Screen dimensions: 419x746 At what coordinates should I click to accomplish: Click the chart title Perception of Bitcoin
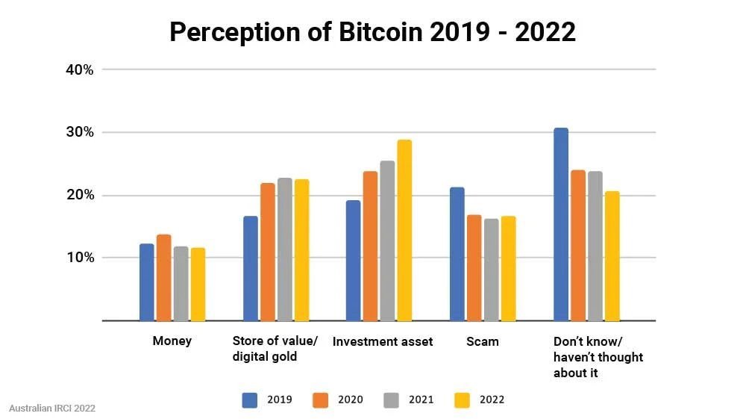372,31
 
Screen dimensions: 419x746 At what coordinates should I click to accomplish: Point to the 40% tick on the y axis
79,69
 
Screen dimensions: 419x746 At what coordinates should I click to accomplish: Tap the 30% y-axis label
79,132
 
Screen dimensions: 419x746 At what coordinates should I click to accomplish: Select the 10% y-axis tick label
79,258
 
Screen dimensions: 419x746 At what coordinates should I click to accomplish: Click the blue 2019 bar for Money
147,282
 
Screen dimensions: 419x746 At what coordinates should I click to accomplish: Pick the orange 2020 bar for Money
163,278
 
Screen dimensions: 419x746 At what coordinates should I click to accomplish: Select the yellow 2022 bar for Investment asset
404,230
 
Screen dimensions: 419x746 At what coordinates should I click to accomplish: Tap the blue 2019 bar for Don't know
561,224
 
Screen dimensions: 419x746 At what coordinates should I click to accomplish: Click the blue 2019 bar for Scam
457,254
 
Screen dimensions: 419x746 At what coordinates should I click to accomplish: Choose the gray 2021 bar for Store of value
284,249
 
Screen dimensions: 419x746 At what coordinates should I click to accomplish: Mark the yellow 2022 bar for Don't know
612,256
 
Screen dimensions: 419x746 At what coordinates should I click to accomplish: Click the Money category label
172,341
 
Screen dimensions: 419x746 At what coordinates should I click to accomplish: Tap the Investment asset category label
382,341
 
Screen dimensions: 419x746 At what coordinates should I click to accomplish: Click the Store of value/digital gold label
275,349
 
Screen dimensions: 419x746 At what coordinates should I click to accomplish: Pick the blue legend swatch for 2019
250,400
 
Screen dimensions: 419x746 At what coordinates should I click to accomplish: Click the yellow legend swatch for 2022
463,400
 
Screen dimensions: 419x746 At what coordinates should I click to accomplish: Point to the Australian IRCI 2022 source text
52,409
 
